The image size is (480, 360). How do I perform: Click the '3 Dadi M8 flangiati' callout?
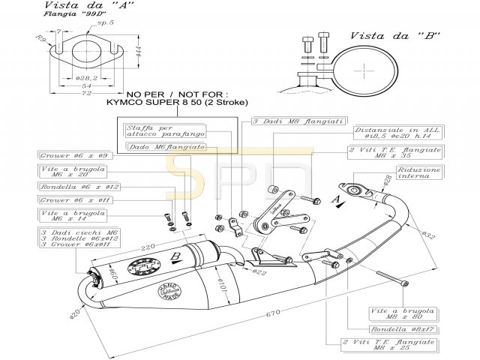(289, 121)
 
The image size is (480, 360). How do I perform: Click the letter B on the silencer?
(174, 256)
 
